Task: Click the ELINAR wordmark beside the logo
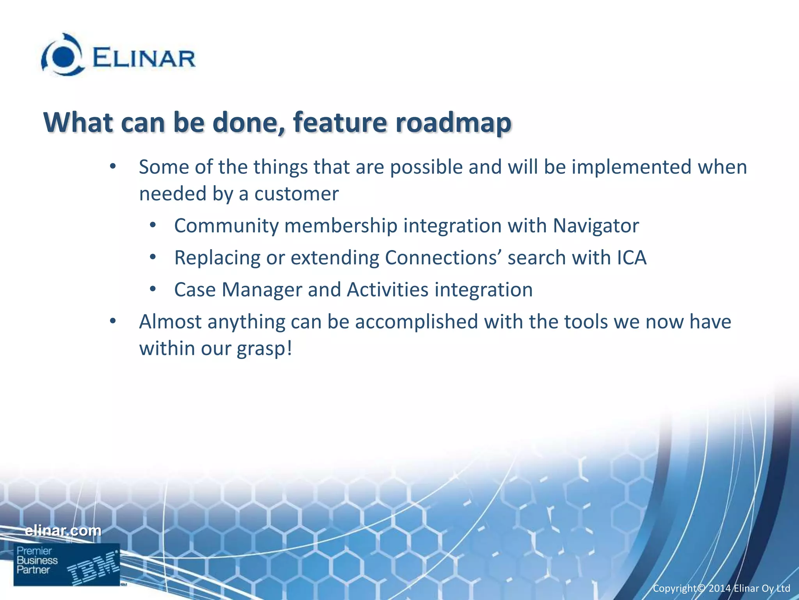tap(144, 59)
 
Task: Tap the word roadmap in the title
tap(453, 123)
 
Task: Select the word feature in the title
tap(340, 123)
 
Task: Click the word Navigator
tap(596, 226)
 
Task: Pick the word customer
tap(297, 194)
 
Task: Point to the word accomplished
tap(416, 322)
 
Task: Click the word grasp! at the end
tap(265, 349)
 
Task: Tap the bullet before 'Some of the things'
tap(113, 167)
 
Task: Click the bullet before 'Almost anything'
tap(113, 321)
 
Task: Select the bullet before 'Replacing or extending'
tap(153, 257)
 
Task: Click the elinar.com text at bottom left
tap(63, 530)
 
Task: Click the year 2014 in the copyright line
tap(719, 588)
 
